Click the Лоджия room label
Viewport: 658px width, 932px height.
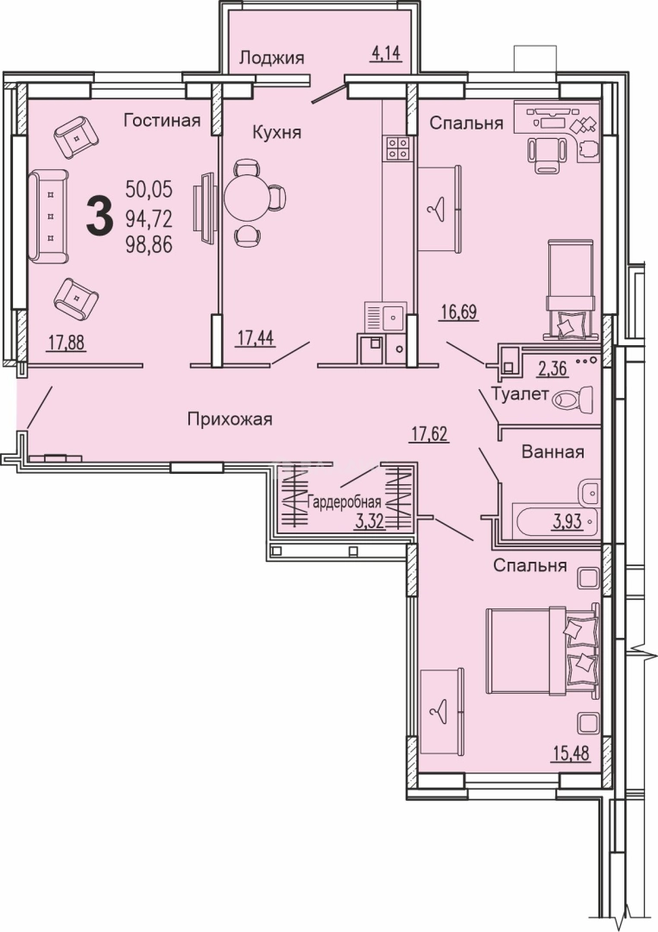[x=271, y=59]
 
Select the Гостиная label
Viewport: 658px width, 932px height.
[x=161, y=121]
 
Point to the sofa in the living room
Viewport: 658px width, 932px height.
[x=48, y=216]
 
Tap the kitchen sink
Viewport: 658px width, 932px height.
[x=385, y=318]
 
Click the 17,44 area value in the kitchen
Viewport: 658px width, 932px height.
[x=256, y=338]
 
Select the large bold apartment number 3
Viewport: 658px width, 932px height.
[x=99, y=217]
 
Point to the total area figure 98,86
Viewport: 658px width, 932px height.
[x=149, y=243]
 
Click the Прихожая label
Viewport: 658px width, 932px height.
[x=230, y=419]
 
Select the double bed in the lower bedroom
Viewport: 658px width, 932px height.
[x=542, y=651]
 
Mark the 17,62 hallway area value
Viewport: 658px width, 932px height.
[x=429, y=435]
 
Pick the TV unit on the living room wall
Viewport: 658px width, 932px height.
[x=205, y=207]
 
